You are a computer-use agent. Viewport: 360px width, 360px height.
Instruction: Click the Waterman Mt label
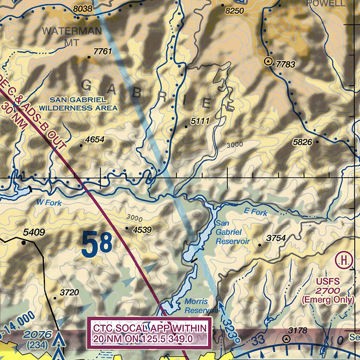(x=72, y=36)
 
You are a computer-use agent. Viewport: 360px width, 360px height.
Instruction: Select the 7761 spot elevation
(x=103, y=52)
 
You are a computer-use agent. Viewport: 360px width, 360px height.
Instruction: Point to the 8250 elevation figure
(x=234, y=11)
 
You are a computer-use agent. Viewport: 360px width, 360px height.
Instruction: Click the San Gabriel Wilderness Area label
(x=78, y=104)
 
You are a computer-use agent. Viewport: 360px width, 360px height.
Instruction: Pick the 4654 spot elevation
(x=95, y=140)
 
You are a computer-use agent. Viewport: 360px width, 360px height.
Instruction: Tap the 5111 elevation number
(x=200, y=121)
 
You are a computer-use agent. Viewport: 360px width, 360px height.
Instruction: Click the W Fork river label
(x=49, y=202)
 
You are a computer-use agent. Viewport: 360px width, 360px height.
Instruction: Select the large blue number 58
(x=97, y=244)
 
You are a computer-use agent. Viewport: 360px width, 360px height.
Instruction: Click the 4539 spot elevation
(x=142, y=230)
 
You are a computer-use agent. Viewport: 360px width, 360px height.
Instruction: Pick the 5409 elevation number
(x=34, y=232)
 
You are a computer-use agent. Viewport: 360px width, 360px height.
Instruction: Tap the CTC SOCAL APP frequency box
(x=150, y=334)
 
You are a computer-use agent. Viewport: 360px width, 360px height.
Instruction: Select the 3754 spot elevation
(x=276, y=238)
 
